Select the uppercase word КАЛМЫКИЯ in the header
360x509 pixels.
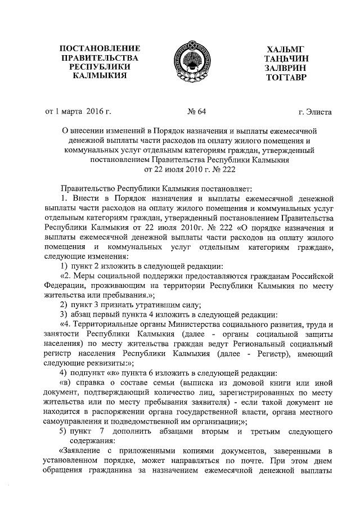[x=99, y=76]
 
